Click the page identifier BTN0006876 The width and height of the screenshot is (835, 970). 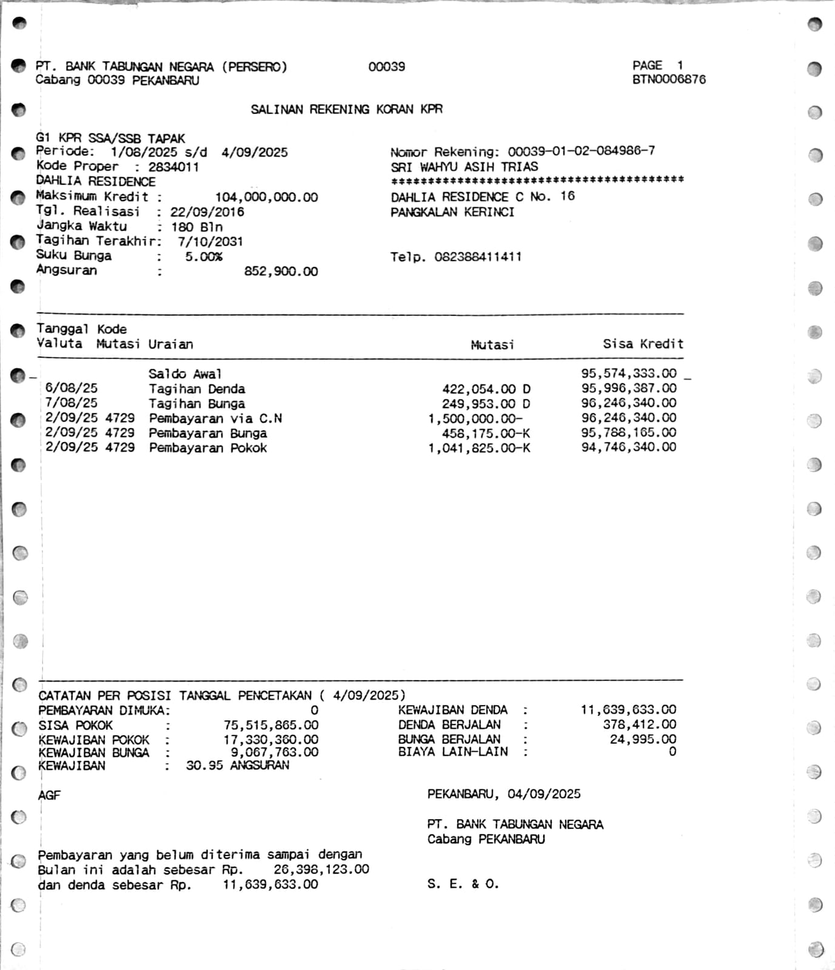tap(669, 79)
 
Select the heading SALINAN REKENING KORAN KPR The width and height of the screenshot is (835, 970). tap(346, 110)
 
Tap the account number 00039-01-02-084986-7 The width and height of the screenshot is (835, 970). tap(581, 151)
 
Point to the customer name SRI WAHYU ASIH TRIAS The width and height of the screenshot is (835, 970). tap(464, 167)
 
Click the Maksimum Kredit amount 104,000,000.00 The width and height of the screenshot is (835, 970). tap(266, 197)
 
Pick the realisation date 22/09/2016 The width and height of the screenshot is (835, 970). tap(207, 212)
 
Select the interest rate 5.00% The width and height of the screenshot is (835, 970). tap(204, 256)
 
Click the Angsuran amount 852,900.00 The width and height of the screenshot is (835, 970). tap(281, 272)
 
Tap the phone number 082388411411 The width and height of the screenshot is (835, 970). tap(478, 256)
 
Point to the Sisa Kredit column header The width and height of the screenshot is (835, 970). tap(643, 344)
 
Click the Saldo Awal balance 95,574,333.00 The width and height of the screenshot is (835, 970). tap(628, 373)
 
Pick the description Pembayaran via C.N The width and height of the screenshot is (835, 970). tap(215, 418)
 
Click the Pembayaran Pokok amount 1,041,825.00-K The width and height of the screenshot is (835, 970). tap(478, 448)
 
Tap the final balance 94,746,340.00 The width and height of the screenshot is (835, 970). tap(628, 447)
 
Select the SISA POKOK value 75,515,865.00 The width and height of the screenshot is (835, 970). tap(270, 725)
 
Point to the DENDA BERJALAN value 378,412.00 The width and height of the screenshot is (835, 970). tap(639, 724)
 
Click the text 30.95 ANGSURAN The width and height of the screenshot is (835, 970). tap(237, 766)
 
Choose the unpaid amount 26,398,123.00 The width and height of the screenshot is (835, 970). tap(321, 869)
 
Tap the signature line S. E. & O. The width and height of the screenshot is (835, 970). tap(463, 884)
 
